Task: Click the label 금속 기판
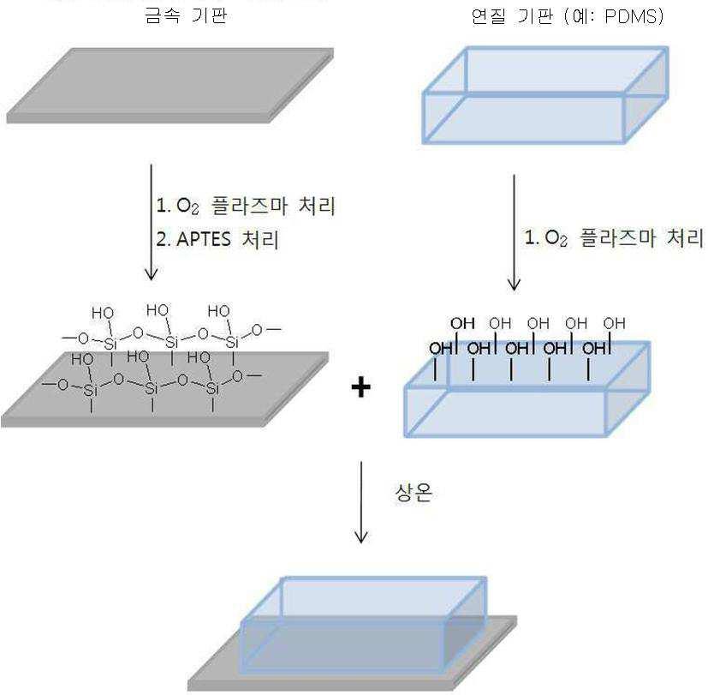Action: point(186,15)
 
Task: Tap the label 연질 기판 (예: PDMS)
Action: point(568,16)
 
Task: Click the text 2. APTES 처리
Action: point(217,239)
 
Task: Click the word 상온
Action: point(413,492)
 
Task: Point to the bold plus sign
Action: point(360,387)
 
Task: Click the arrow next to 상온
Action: point(360,502)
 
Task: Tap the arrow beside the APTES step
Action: point(152,222)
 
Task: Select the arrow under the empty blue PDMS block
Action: point(514,233)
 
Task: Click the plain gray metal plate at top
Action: point(170,86)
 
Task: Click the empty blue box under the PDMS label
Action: point(545,95)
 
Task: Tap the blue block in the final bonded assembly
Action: point(363,626)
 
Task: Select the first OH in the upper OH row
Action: point(462,323)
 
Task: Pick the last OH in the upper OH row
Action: point(615,323)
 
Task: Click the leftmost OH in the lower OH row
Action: point(441,349)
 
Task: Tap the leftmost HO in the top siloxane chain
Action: point(103,313)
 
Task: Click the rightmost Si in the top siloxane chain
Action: point(232,342)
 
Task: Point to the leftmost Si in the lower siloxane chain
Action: point(91,390)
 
